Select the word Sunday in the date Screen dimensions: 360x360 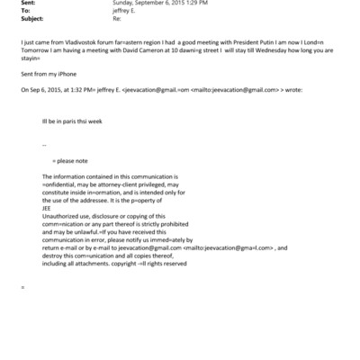click(x=122, y=3)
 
